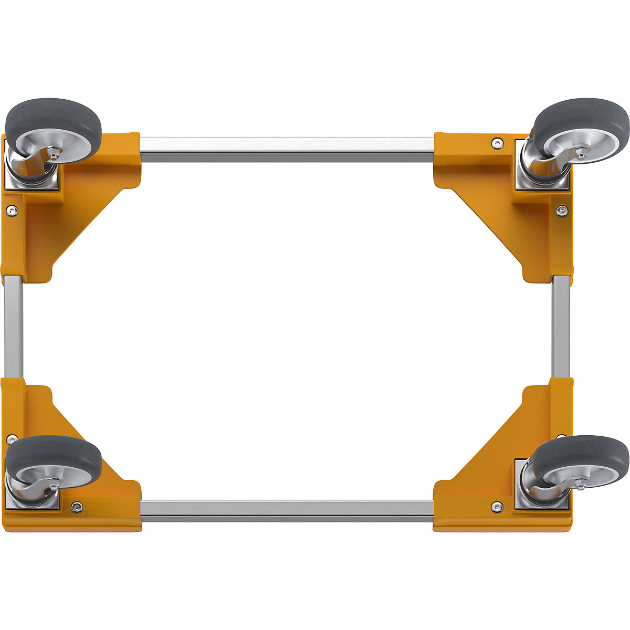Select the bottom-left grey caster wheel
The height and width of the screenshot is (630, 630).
pos(52,462)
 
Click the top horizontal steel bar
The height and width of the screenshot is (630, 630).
pos(288,149)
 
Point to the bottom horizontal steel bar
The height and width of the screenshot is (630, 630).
pos(288,511)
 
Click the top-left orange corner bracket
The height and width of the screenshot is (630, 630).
pos(79,210)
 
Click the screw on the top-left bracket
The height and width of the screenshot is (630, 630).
pos(11,210)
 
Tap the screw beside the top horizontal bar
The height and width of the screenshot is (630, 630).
pos(496,142)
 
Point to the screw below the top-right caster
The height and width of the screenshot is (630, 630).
pos(562,211)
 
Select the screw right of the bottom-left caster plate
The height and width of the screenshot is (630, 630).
pos(77,507)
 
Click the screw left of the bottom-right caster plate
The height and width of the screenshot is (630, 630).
pos(496,507)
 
